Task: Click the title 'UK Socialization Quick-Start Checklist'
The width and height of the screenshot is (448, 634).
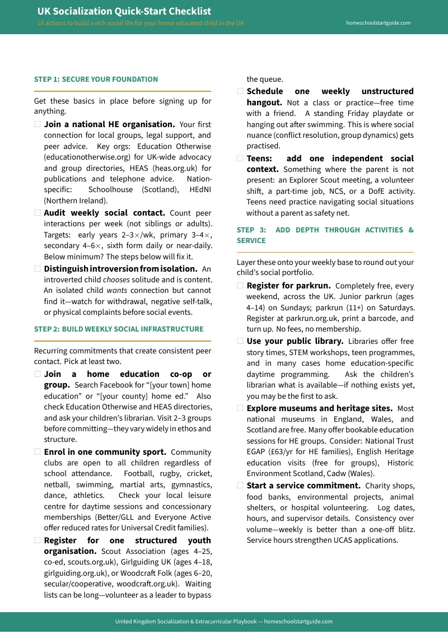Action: click(x=124, y=11)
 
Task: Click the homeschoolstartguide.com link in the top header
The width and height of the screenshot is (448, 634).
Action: click(x=379, y=23)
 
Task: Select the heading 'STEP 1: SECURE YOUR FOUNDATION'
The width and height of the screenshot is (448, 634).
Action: click(x=96, y=80)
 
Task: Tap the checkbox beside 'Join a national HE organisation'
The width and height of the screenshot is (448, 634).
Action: click(x=38, y=124)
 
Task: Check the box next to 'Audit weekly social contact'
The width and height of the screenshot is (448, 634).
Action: click(x=38, y=213)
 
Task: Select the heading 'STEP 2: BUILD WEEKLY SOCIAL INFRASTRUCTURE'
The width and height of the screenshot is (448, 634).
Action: click(x=119, y=329)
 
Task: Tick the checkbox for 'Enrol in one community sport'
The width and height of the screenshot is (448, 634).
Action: click(x=38, y=451)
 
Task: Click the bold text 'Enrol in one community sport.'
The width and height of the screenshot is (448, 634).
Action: click(x=105, y=452)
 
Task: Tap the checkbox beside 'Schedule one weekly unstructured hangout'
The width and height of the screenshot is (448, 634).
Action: click(x=240, y=91)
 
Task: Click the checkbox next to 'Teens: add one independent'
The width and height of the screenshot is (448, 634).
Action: click(x=240, y=158)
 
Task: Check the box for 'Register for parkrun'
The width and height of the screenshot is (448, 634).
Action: click(x=240, y=286)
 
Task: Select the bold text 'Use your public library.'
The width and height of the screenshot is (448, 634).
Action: click(x=295, y=341)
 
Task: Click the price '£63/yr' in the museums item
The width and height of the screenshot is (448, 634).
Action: click(x=282, y=451)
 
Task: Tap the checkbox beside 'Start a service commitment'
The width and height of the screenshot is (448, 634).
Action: click(x=240, y=485)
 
